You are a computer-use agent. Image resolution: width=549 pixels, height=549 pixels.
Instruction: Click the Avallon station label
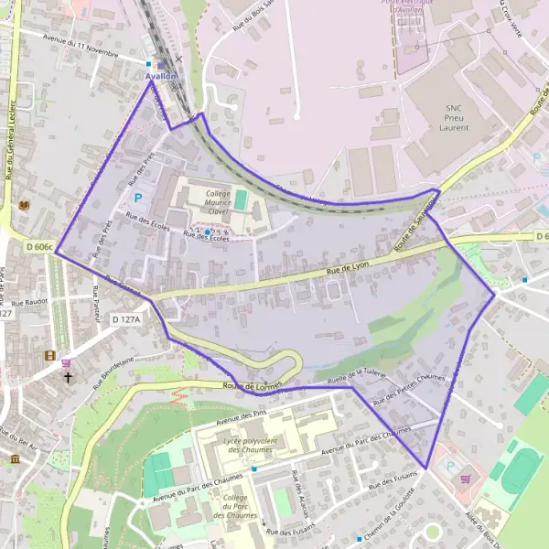coord(161,77)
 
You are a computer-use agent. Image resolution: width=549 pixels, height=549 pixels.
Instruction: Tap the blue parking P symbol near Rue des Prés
coord(139,197)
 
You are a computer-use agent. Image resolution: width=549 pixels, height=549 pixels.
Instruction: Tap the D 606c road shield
coord(40,247)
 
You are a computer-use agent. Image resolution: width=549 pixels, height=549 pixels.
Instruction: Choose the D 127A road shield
coord(126,318)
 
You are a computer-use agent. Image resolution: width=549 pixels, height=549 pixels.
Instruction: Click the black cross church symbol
coord(68,376)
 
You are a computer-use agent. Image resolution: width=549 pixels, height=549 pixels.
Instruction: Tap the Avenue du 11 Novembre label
coord(82,44)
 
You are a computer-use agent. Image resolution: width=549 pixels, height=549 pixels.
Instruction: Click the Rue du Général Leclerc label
coord(10,137)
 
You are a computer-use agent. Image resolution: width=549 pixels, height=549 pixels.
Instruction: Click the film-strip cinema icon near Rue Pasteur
coord(49,355)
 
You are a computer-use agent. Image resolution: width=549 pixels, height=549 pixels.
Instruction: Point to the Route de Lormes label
coord(253,387)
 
